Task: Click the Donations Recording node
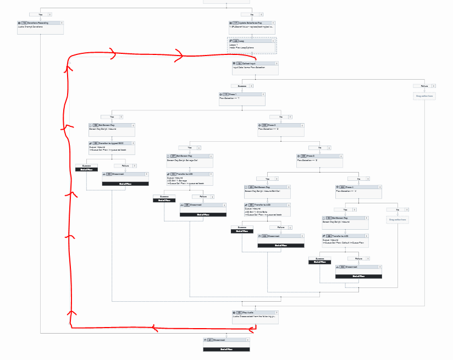41,26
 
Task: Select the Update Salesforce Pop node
252,26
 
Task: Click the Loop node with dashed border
252,45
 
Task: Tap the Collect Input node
255,67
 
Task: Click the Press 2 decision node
281,129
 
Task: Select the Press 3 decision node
319,160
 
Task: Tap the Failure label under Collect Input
424,86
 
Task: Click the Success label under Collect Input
242,86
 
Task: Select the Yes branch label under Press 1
112,117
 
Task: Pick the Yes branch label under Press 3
268,179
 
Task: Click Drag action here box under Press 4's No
397,219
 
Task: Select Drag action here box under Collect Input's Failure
424,96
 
